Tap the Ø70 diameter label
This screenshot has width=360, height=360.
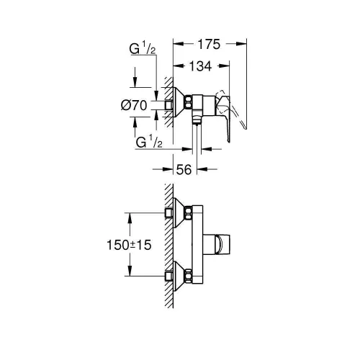(135, 105)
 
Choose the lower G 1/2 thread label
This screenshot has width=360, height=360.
(147, 144)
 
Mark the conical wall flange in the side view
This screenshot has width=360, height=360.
(179, 104)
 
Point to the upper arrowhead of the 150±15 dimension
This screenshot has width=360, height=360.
(130, 215)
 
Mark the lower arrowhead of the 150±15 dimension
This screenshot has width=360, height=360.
(130, 271)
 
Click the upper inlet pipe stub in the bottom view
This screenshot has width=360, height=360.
(169, 213)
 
